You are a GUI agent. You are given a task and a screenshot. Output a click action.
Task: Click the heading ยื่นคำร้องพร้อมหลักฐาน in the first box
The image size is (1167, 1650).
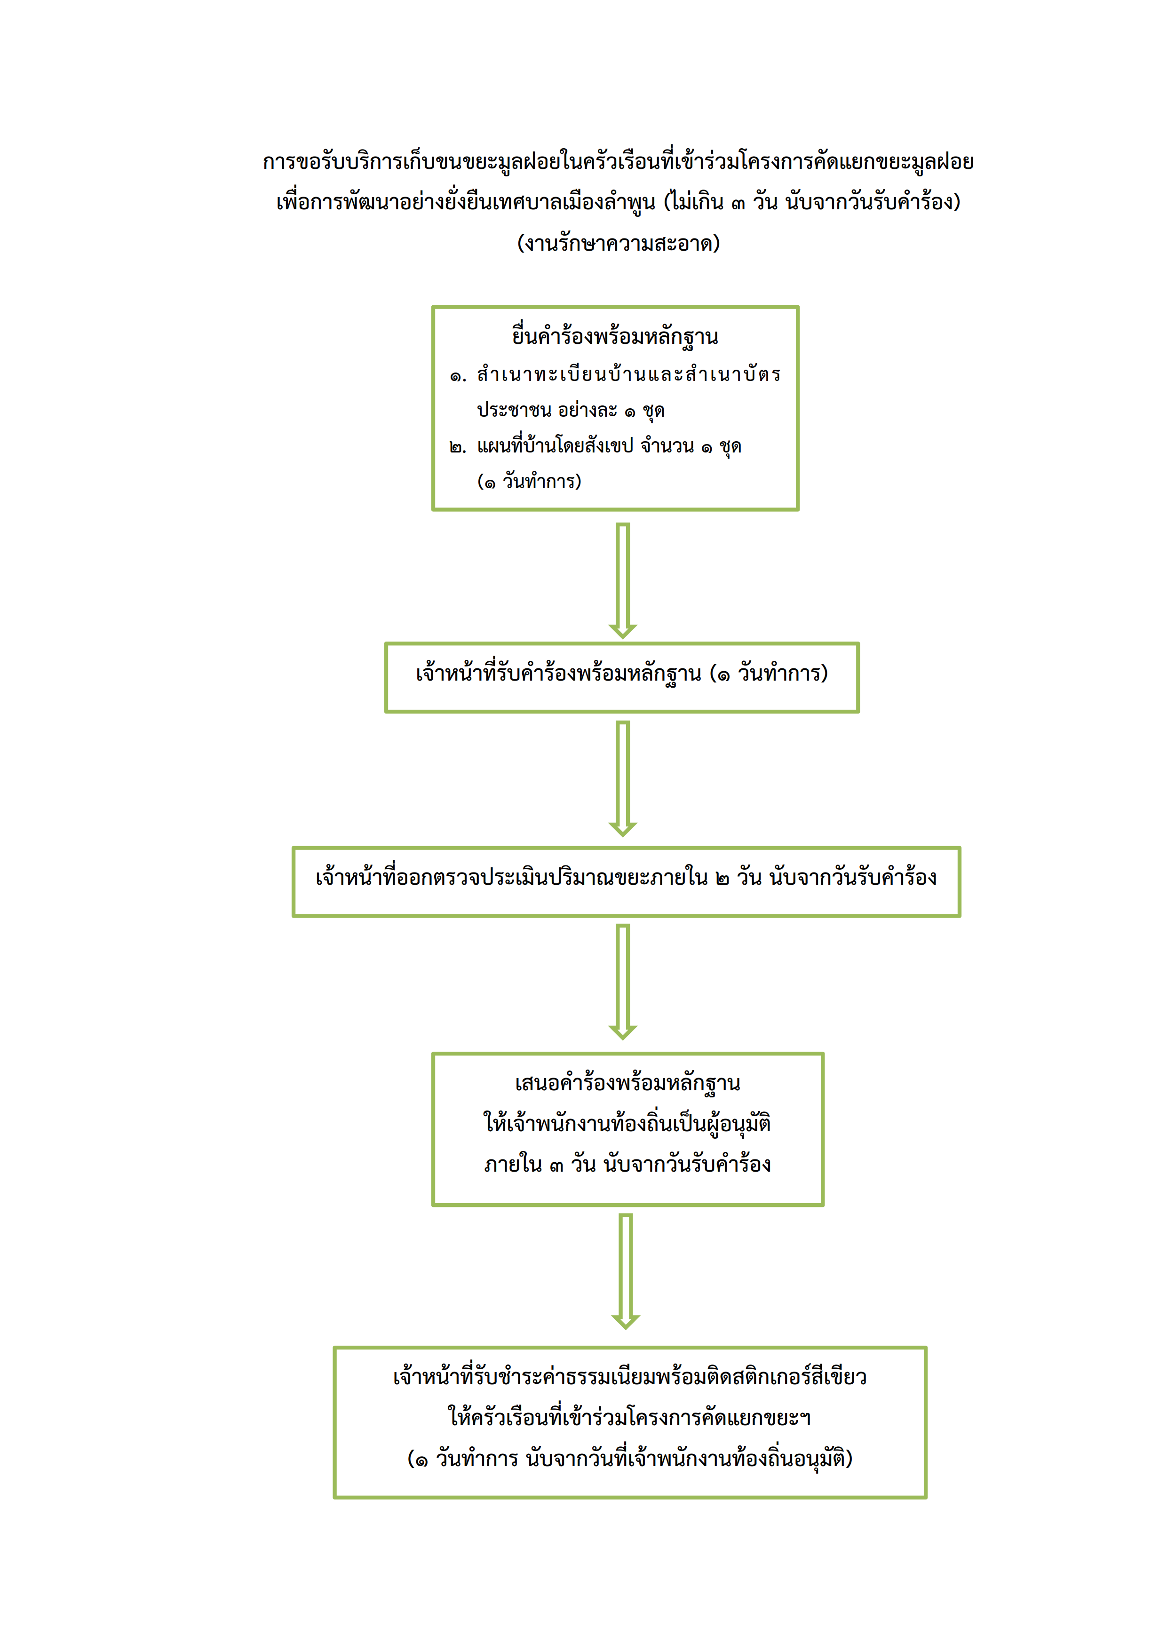tap(615, 336)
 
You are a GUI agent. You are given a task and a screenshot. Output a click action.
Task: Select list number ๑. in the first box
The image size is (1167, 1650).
tap(458, 376)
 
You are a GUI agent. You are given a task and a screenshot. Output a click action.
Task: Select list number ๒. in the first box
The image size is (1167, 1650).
tap(458, 447)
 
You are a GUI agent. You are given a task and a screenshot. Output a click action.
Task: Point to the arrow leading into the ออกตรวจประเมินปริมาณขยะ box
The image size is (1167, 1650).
tap(623, 779)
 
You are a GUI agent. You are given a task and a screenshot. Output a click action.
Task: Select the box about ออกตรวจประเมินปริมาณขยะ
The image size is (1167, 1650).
tap(626, 882)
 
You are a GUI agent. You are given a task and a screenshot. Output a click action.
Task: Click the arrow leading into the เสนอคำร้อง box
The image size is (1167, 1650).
tap(623, 982)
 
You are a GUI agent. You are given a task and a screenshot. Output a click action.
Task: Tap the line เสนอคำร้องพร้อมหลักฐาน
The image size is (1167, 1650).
tap(627, 1084)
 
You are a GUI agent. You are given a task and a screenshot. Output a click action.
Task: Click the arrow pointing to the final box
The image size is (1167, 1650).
tap(626, 1272)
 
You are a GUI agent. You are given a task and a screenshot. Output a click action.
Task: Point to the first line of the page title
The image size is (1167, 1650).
tap(618, 162)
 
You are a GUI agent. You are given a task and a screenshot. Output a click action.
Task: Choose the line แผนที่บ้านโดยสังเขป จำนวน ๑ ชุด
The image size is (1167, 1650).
tap(609, 447)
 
